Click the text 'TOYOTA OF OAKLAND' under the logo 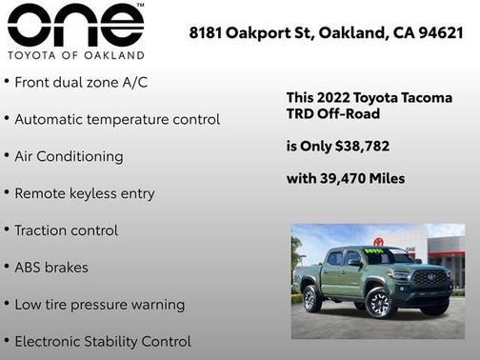(x=75, y=54)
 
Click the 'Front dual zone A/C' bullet (x=80, y=83)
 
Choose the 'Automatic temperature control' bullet (x=116, y=120)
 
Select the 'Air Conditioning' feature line (x=69, y=156)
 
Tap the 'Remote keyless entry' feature (x=84, y=193)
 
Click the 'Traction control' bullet (x=66, y=230)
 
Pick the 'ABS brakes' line (x=50, y=268)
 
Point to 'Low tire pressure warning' (x=99, y=305)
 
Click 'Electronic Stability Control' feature (x=103, y=341)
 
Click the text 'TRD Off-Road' (x=332, y=114)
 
